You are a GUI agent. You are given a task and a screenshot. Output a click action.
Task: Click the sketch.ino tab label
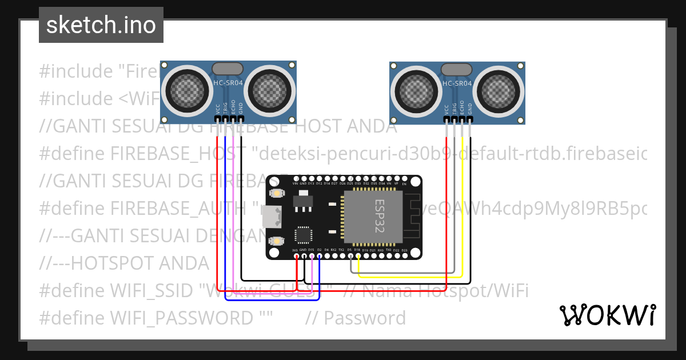(x=101, y=25)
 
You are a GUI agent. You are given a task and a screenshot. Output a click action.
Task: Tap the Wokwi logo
(x=607, y=314)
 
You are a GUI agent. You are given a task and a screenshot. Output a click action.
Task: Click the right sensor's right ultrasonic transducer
(x=501, y=89)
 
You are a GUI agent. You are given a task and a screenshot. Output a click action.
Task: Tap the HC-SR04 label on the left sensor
(x=228, y=83)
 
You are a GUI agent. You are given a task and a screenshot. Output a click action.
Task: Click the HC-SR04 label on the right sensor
(x=457, y=83)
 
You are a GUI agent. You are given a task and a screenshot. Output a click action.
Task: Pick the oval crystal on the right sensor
(x=457, y=70)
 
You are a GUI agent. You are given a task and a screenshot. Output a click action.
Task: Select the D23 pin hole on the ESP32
(x=405, y=255)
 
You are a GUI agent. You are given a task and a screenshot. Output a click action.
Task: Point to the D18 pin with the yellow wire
(x=358, y=255)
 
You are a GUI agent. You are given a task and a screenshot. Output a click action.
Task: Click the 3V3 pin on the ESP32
(x=296, y=255)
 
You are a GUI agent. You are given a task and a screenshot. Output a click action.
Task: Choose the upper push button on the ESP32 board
(x=277, y=193)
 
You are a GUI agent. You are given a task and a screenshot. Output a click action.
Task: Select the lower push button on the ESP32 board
(x=277, y=241)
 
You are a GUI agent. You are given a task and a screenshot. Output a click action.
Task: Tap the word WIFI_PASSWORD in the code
(x=181, y=318)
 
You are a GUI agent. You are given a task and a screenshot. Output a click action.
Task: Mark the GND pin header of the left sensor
(x=241, y=119)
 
